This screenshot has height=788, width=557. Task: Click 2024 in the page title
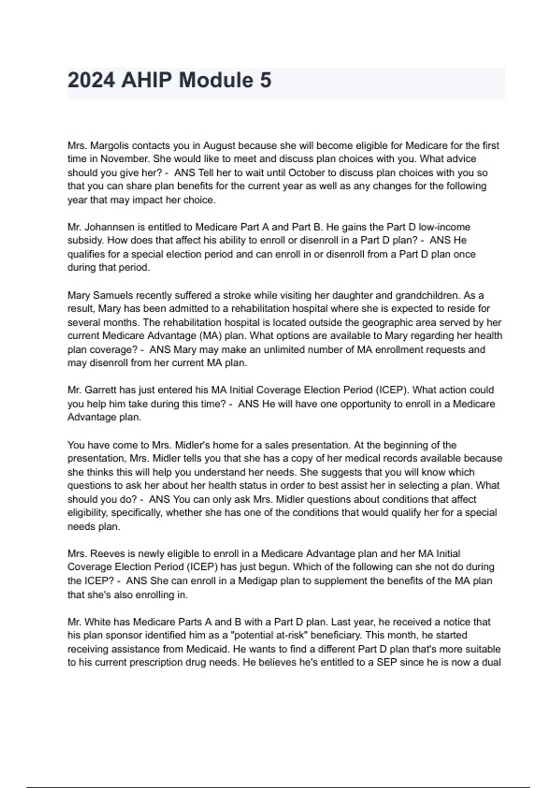91,80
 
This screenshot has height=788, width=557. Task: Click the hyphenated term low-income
444,227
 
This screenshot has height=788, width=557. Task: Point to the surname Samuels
113,295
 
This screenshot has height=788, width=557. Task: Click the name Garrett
100,390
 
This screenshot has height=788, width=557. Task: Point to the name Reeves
105,554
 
